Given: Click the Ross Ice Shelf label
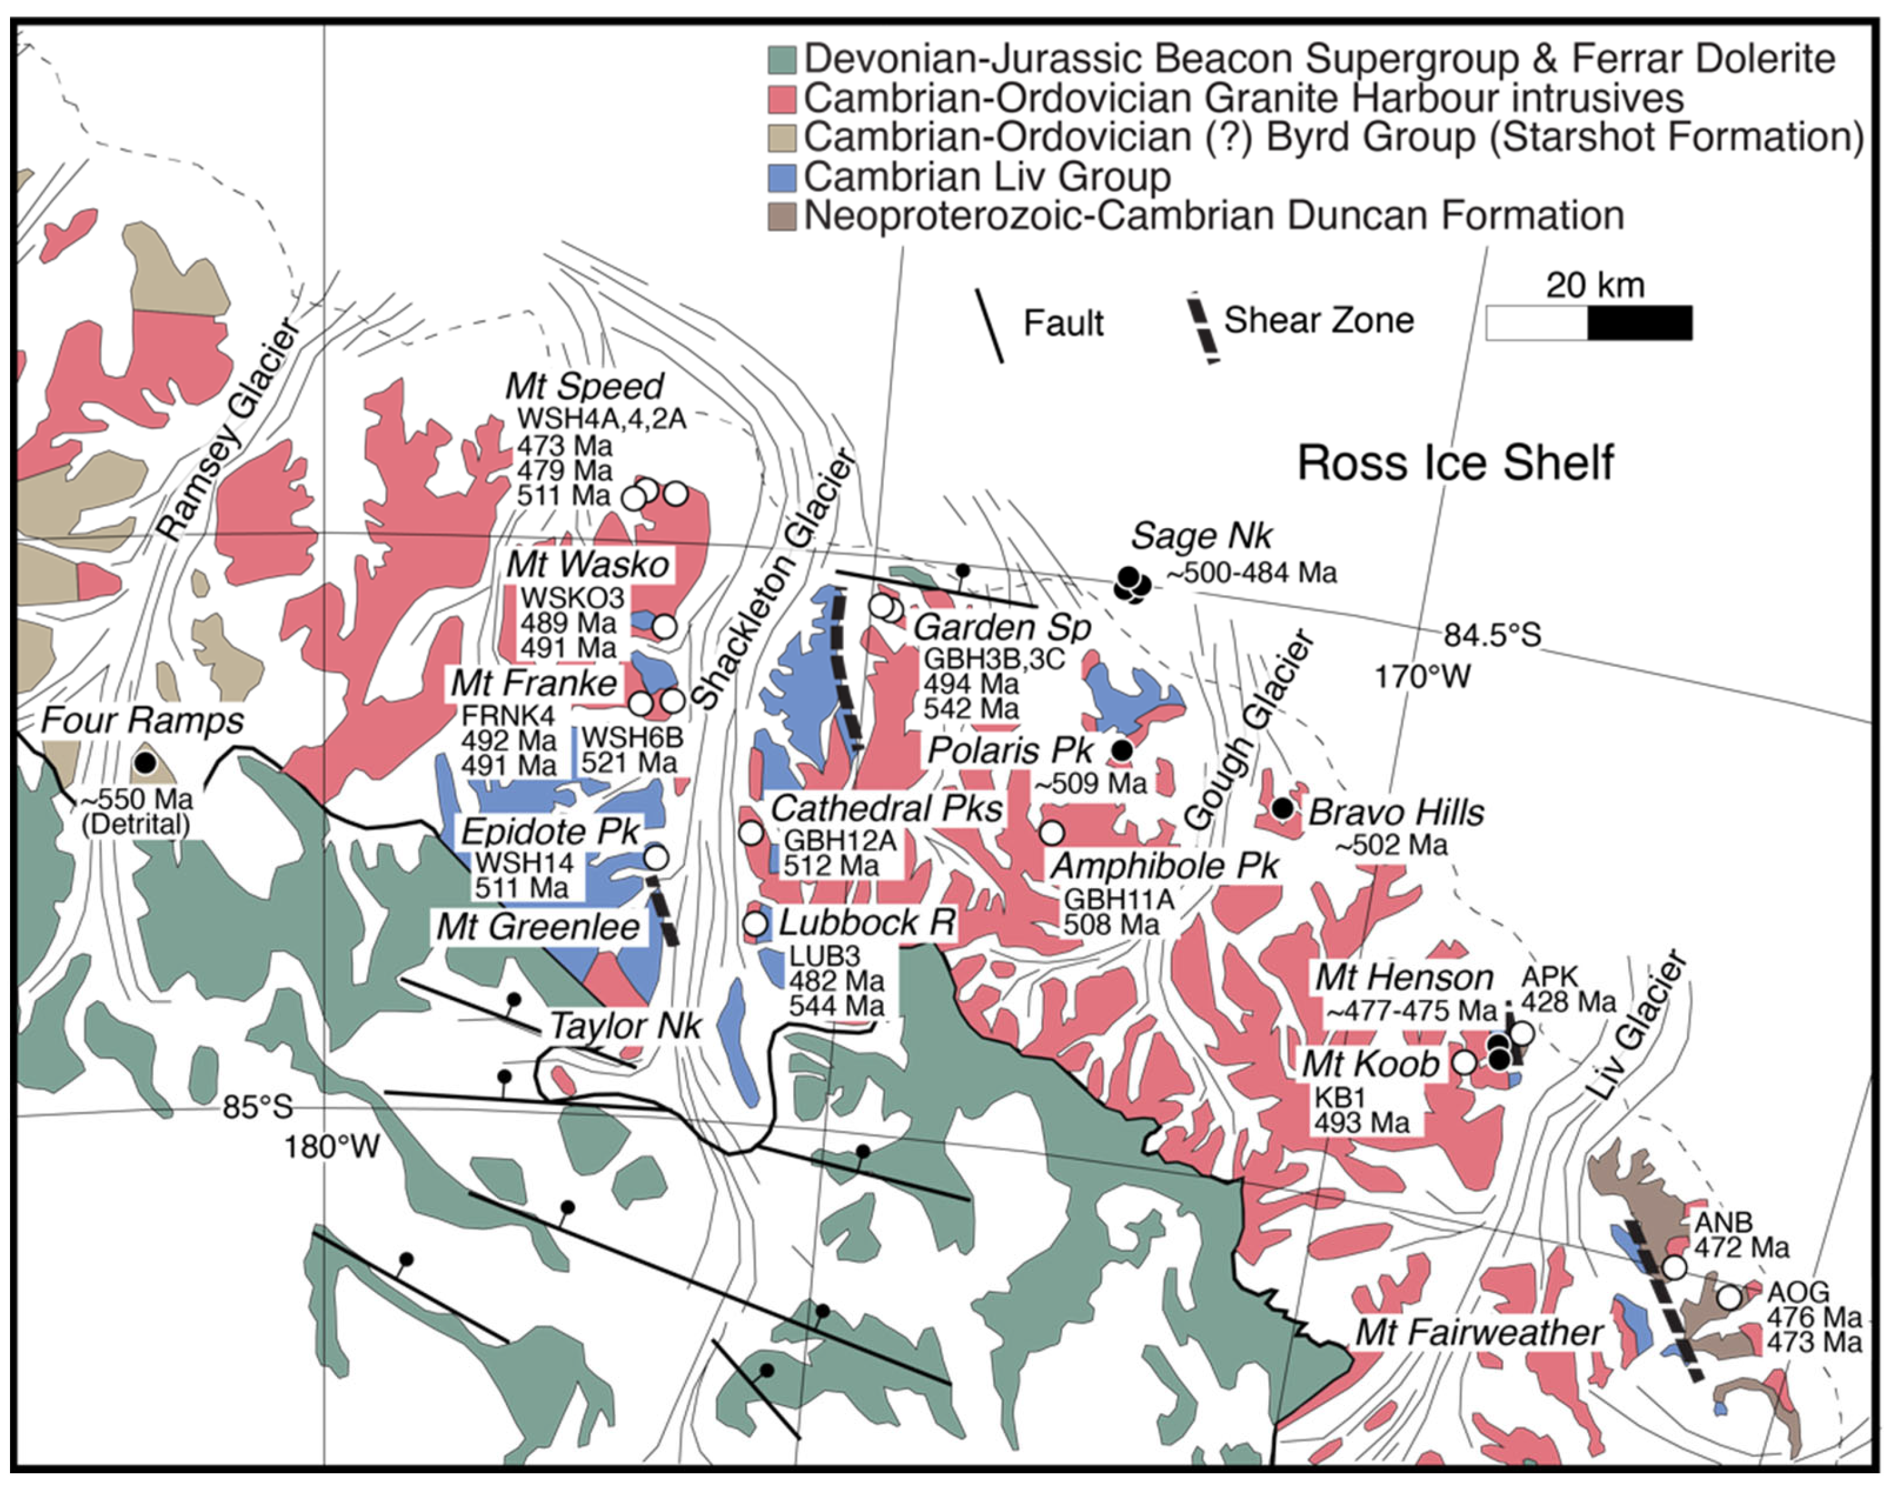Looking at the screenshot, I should pos(1455,462).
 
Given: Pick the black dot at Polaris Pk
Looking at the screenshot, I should pos(1122,749).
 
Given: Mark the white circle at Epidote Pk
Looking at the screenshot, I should pos(656,857).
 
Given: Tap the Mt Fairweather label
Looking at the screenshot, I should pos(1478,1332).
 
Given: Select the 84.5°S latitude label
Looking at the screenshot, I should pos(1491,634).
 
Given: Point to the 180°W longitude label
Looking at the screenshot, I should pos(331,1146).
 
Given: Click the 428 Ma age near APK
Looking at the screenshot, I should pos(1568,1001).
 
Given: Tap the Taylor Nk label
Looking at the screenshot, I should pos(624,1026).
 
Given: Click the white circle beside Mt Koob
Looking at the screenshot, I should pos(1464,1062).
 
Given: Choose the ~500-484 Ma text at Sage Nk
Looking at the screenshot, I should pos(1251,573).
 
